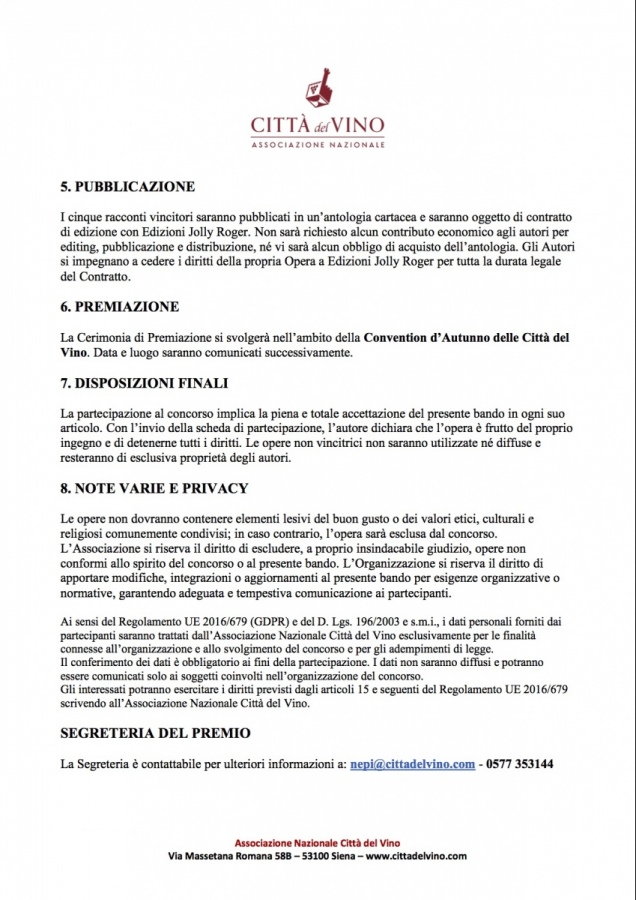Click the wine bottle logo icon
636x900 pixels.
click(x=318, y=90)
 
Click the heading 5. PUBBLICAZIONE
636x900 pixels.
click(x=127, y=186)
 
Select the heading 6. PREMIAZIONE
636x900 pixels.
click(x=122, y=306)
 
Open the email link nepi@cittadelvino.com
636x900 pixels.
click(x=412, y=764)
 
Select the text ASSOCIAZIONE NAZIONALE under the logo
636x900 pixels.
click(x=318, y=146)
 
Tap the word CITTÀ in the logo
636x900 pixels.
click(x=279, y=128)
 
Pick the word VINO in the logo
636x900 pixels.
click(x=361, y=128)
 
